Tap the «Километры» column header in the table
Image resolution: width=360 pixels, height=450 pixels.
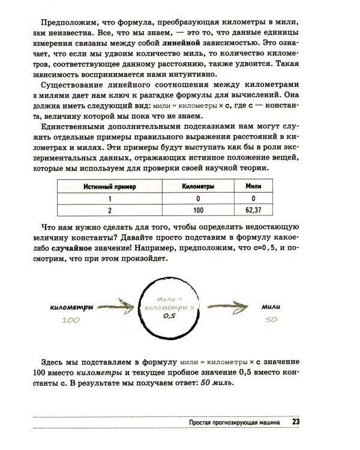[x=199, y=187]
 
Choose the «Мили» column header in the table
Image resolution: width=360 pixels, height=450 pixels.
[x=254, y=187]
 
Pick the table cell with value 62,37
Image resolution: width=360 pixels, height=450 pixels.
[x=254, y=210]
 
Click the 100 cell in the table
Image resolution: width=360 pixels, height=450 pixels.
[x=199, y=210]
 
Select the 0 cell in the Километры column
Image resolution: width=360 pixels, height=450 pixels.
[x=199, y=199]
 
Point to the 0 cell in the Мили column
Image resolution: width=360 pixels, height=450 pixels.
[x=254, y=199]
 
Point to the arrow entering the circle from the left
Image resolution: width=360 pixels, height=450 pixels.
[x=119, y=308]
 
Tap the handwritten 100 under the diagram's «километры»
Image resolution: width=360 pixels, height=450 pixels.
[x=70, y=321]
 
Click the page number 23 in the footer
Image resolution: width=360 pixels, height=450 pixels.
[x=296, y=421]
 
